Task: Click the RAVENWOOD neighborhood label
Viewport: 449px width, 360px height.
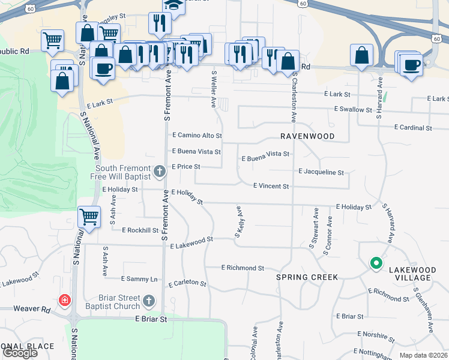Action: tap(306, 136)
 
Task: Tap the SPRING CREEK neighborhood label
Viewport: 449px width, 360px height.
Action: tap(307, 277)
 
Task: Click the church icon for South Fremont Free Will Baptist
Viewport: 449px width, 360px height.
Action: tap(160, 172)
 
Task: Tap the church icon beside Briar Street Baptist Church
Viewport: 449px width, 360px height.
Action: tap(149, 301)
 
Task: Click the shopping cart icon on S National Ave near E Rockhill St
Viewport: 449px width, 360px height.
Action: tap(89, 216)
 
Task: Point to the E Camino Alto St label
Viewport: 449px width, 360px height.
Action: tap(197, 136)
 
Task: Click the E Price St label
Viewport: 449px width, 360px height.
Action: tap(185, 166)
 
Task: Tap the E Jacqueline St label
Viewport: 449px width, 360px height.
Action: tap(321, 172)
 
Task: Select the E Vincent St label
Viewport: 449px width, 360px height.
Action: tap(271, 187)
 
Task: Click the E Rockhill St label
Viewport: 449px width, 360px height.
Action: tap(140, 230)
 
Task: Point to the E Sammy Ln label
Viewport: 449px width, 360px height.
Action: tap(139, 279)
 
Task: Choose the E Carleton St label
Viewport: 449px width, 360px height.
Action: tap(187, 283)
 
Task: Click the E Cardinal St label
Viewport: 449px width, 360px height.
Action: tap(413, 128)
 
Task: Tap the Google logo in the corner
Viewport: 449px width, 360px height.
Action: tap(20, 353)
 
